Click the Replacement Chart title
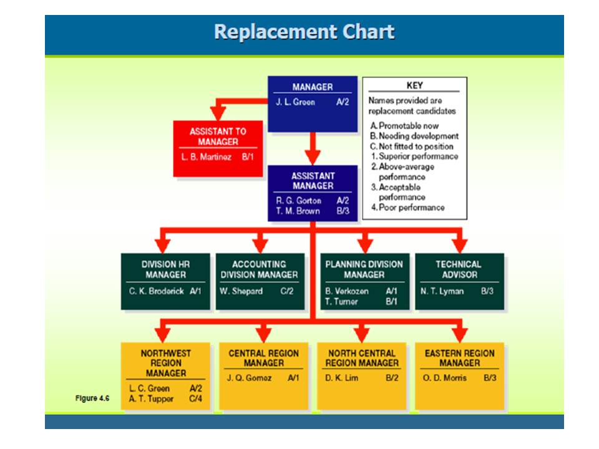[304, 32]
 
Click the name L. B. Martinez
[206, 157]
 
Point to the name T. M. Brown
[298, 211]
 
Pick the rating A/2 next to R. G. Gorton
[343, 201]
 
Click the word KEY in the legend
[414, 85]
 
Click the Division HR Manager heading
[165, 269]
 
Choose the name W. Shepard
[241, 291]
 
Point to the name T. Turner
[341, 301]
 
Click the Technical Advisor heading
[459, 269]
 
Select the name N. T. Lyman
[442, 291]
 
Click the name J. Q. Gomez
[250, 378]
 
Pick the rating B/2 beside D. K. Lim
[392, 378]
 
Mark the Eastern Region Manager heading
[459, 358]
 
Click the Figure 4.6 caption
[92, 398]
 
